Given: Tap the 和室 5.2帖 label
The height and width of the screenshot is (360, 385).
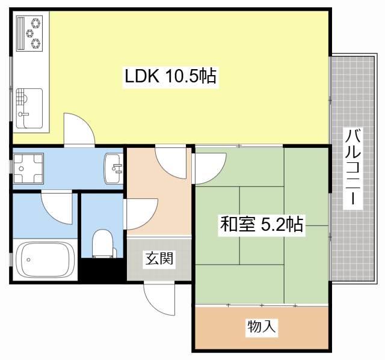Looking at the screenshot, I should pyautogui.click(x=261, y=225).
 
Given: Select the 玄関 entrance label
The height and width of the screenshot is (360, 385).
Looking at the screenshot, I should pyautogui.click(x=159, y=259).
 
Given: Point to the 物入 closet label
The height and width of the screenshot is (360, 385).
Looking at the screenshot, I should pyautogui.click(x=262, y=328).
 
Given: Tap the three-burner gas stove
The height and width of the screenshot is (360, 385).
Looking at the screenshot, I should pyautogui.click(x=31, y=33).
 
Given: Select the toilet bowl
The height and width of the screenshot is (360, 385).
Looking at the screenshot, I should pyautogui.click(x=102, y=244).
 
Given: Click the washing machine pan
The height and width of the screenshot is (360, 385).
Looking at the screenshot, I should pyautogui.click(x=29, y=168).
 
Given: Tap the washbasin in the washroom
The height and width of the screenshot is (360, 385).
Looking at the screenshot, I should pyautogui.click(x=112, y=168).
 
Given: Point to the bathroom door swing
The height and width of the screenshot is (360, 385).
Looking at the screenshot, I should pyautogui.click(x=57, y=208).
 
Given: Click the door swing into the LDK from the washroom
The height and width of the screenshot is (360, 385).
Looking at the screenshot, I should pyautogui.click(x=79, y=129).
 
